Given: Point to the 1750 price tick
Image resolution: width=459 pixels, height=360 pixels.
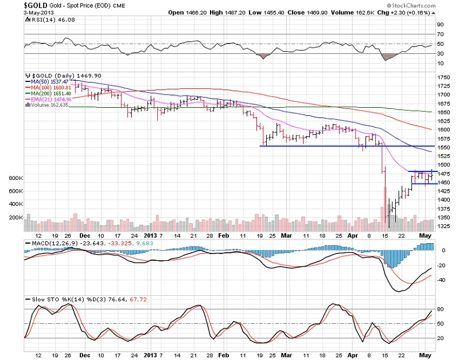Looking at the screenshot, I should (x=444, y=77).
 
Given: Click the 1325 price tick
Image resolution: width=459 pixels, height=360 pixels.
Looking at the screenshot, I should (x=444, y=226).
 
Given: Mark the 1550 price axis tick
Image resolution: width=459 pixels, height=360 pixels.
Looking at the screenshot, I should (x=444, y=147).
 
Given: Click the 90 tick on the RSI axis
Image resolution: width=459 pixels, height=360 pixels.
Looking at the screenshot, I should (x=441, y=25).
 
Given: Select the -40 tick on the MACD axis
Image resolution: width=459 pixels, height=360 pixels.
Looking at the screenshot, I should (x=442, y=280).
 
